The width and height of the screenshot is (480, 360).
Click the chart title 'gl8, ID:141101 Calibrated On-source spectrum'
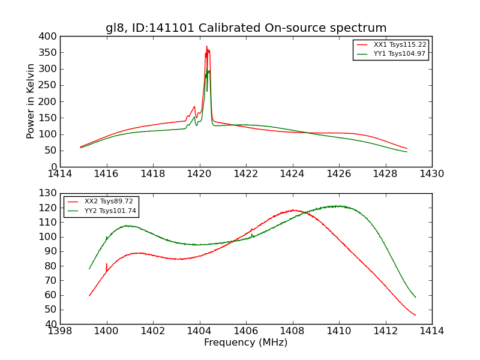coord(246,28)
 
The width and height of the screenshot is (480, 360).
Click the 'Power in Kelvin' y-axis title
coord(31,101)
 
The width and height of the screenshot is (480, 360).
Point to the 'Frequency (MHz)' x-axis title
coord(246,343)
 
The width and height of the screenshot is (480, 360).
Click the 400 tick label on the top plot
coord(49,37)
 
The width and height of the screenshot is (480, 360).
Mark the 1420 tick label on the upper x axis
coord(199,174)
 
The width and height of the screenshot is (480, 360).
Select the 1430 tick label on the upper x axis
coord(431,174)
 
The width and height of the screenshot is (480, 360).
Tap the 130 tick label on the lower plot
coord(49,193)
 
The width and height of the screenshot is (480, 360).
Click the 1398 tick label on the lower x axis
coord(60,331)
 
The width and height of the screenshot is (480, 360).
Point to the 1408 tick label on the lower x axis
coord(292,331)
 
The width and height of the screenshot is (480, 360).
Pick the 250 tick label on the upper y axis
coord(49,85)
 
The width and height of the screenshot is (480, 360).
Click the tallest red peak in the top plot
coord(206,47)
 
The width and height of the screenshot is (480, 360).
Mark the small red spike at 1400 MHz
coord(107,264)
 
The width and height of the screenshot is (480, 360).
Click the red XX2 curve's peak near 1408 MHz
coord(293,210)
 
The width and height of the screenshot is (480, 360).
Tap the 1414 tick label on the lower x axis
coord(431,331)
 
